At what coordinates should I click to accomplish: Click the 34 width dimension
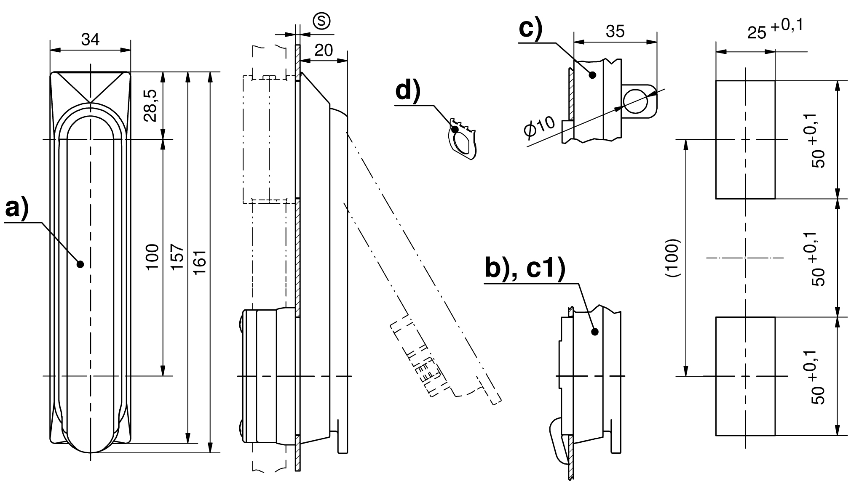pos(90,40)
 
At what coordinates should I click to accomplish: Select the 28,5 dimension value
pos(151,105)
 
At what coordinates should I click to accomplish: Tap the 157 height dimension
pos(177,257)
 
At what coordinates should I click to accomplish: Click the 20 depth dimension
pos(324,51)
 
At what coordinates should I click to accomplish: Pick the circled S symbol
pos(321,21)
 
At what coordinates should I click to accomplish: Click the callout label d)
pos(408,91)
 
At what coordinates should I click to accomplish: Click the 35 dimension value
pos(615,32)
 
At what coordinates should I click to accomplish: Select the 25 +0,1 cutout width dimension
pos(774,29)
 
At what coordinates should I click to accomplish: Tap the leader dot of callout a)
pos(80,264)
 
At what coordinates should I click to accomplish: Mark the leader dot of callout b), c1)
pos(595,332)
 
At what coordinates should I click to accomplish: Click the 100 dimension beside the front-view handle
pos(153,257)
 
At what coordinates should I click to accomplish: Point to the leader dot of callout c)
pos(592,75)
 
